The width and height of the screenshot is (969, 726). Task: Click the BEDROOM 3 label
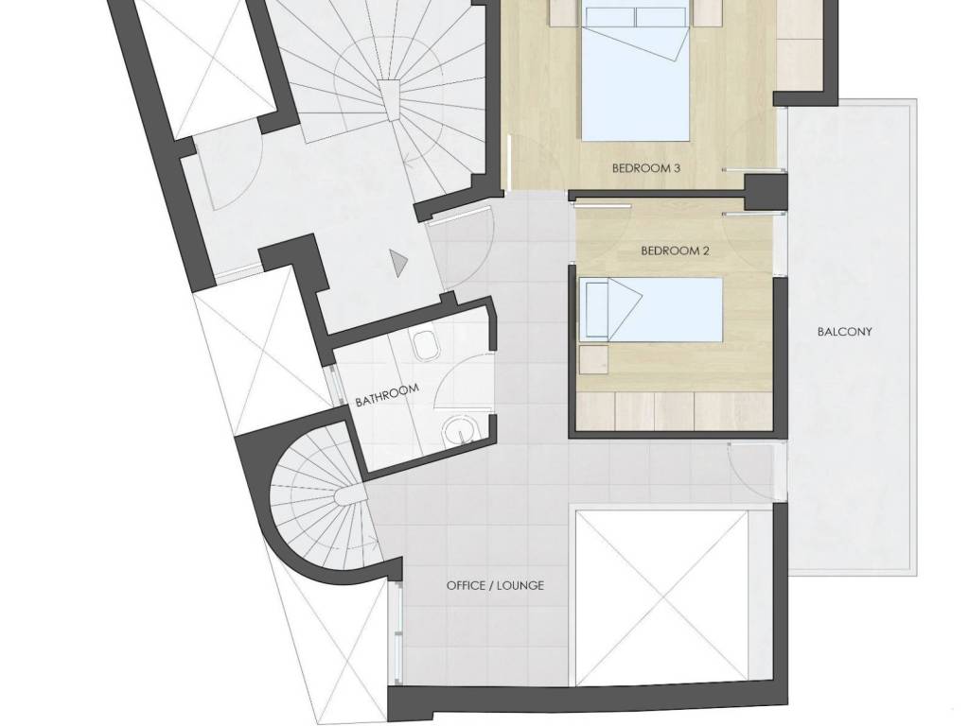click(645, 168)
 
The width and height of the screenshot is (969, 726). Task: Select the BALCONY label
click(845, 332)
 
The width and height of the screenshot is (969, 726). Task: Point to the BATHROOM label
click(387, 395)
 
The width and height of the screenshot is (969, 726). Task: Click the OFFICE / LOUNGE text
click(495, 585)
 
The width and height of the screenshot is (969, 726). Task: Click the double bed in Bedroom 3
click(636, 74)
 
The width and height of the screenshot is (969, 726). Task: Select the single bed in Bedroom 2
click(651, 309)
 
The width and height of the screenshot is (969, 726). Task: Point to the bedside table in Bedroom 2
click(593, 359)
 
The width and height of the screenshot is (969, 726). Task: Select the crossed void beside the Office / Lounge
click(661, 597)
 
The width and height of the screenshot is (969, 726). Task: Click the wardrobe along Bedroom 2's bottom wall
click(675, 410)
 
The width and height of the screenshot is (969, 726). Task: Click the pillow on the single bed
click(596, 309)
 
